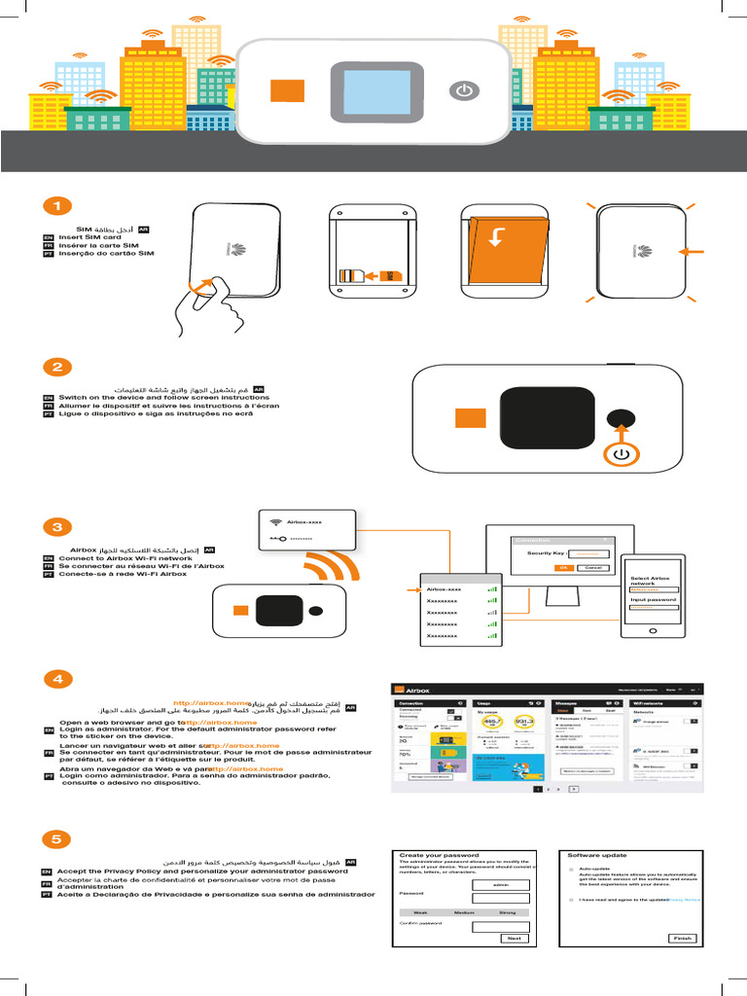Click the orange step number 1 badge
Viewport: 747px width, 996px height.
tap(57, 206)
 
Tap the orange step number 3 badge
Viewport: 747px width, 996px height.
tap(57, 527)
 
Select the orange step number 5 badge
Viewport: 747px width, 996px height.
tap(57, 838)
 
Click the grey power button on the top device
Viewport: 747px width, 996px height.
tap(465, 90)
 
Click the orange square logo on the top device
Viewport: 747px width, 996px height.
tap(288, 89)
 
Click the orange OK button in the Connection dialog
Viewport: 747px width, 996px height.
tap(563, 567)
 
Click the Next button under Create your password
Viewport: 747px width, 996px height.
tap(514, 938)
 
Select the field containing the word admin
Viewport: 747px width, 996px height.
tap(500, 884)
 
